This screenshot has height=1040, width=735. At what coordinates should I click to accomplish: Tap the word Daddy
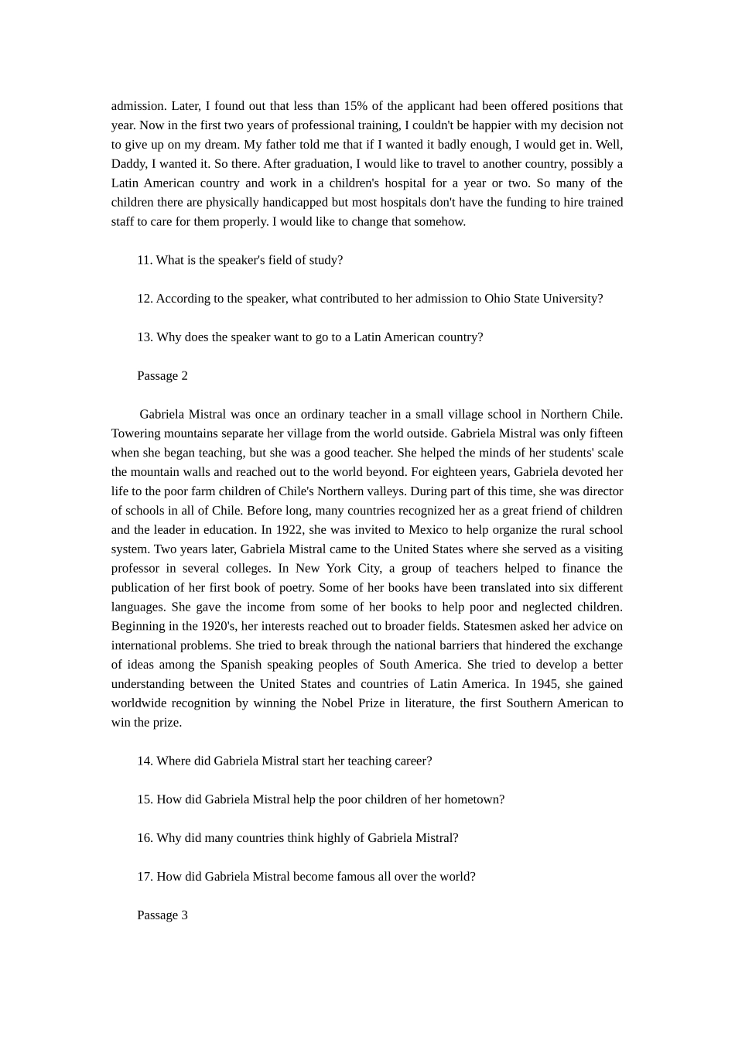click(x=128, y=164)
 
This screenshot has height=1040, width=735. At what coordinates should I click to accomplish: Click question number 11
click(x=145, y=260)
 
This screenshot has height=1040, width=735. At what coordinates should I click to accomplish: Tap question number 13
click(x=145, y=337)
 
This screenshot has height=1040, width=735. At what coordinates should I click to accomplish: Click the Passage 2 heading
click(x=162, y=376)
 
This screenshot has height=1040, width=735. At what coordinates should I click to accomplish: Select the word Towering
click(x=136, y=434)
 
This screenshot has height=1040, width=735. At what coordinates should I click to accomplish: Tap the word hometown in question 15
click(x=473, y=799)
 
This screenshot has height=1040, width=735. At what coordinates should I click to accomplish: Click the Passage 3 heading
click(x=162, y=915)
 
